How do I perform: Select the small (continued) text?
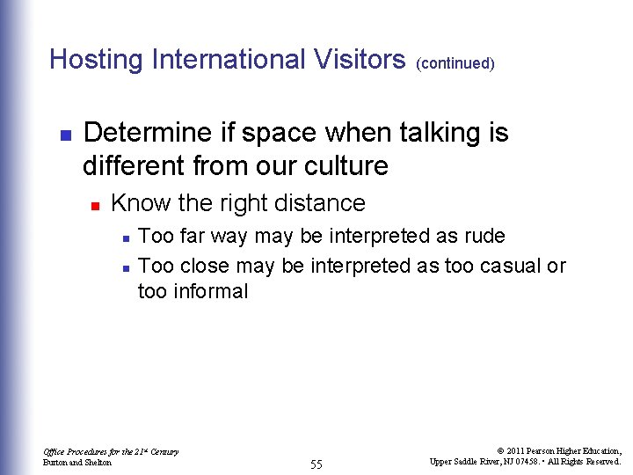[x=455, y=64]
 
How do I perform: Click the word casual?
[x=508, y=266]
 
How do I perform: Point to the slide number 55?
[x=316, y=464]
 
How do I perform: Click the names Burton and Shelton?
[x=77, y=462]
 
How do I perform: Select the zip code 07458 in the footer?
[x=516, y=461]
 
